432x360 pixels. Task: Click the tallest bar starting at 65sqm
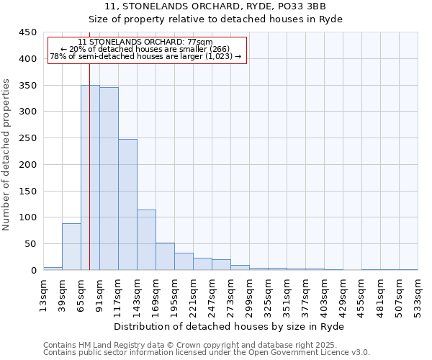[x=90, y=178]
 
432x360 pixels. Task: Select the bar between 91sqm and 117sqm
[x=109, y=179]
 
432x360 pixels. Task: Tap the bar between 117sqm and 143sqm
[x=127, y=204]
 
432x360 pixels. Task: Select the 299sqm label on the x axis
[x=249, y=295]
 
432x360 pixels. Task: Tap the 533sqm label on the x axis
[x=418, y=295]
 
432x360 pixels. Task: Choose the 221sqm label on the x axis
[x=193, y=295]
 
